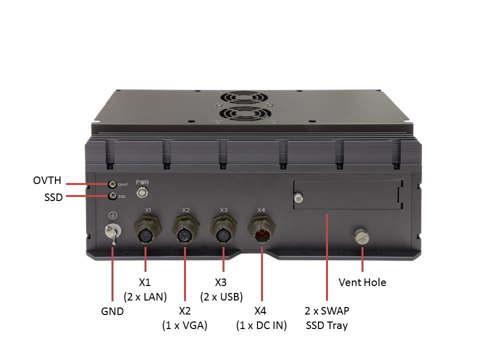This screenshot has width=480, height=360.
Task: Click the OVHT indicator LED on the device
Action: [x=113, y=184]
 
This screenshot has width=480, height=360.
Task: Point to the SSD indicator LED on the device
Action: [x=113, y=196]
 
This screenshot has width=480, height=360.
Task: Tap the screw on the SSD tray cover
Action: [x=298, y=199]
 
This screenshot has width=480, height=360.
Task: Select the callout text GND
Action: [x=112, y=311]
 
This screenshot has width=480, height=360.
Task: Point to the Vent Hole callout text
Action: [x=362, y=282]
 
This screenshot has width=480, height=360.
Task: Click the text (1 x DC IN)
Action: [x=261, y=325]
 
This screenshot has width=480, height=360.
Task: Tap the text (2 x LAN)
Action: [x=145, y=296]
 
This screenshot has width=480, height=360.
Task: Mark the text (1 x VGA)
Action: [x=184, y=325]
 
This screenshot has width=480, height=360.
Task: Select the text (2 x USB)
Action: [x=221, y=296]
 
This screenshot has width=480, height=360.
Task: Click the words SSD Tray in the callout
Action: [x=326, y=325]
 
